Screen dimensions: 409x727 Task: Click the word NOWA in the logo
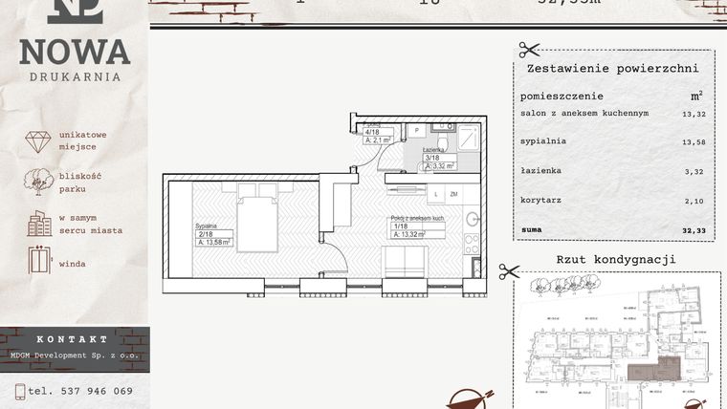75,52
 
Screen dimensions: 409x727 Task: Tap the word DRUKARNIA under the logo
75,76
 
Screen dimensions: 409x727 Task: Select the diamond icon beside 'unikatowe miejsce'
38,141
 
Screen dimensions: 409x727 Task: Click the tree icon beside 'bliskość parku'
38,182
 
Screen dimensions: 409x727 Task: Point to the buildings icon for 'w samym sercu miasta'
39,224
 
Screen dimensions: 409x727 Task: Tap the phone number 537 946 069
80,390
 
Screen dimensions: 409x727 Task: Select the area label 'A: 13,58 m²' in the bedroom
215,243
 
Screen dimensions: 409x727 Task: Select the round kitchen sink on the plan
471,220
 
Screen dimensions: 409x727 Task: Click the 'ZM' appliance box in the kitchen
453,194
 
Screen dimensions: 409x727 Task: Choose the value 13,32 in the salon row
694,113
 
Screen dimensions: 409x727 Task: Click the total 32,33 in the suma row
694,230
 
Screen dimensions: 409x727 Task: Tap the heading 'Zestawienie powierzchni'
612,69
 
